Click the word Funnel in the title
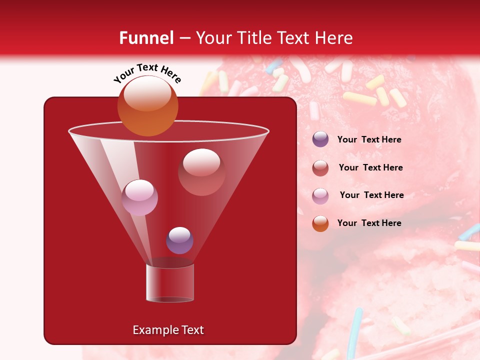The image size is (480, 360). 146,38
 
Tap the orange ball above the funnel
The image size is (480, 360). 148,106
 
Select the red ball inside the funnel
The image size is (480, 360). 201,172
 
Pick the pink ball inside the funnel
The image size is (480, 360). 139,197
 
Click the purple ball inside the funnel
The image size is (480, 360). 179,240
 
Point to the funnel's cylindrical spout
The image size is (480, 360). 170,282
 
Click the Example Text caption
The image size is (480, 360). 168,330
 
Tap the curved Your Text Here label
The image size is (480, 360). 147,73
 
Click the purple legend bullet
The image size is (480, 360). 320,139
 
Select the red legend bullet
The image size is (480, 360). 320,168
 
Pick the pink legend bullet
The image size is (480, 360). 320,195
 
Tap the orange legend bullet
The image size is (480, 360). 320,223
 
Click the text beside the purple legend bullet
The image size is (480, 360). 369,140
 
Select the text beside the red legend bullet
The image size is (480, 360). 370,168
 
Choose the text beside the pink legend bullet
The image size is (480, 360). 371,195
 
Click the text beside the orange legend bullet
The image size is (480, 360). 369,223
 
